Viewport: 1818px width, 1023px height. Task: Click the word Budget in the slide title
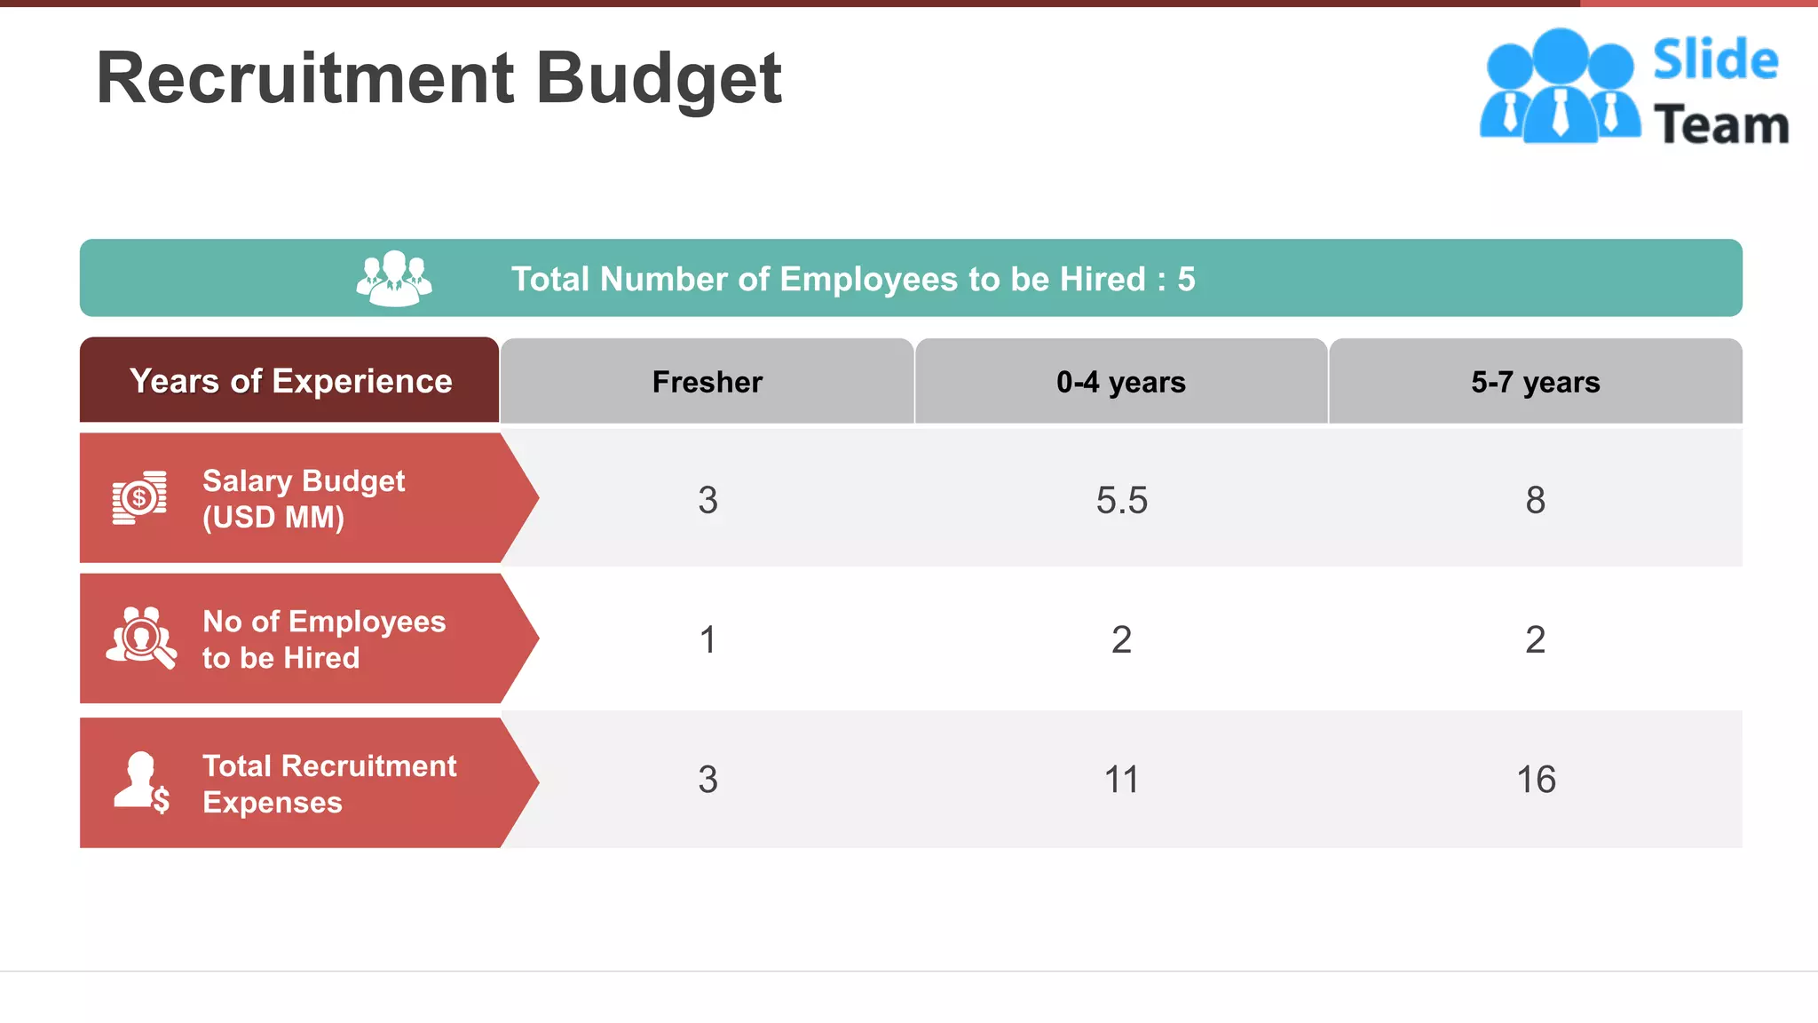659,80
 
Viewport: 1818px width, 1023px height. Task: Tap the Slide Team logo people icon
1560,86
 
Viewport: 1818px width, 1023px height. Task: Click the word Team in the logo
1720,125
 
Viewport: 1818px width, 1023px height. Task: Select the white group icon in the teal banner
394,279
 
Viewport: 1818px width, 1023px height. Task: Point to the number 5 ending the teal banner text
1186,280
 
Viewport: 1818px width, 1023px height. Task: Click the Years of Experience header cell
290,381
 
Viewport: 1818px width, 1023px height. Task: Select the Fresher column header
707,382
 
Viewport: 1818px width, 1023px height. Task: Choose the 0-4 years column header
1121,382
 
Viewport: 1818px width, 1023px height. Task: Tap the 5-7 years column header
1535,382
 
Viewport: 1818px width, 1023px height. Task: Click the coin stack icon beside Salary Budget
139,498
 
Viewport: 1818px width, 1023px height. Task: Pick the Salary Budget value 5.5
1121,500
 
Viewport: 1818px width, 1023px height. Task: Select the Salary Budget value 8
1535,500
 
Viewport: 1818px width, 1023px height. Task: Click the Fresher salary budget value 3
707,500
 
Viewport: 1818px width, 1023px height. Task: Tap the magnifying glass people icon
141,638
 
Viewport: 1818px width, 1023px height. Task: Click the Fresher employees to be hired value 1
707,639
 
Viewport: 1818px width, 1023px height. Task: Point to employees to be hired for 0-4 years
1121,639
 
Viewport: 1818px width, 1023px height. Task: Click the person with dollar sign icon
142,782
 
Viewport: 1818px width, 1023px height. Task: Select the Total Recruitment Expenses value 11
1121,780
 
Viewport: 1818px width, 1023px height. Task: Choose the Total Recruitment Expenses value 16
1535,780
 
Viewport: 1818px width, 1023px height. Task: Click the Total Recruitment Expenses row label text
328,783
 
